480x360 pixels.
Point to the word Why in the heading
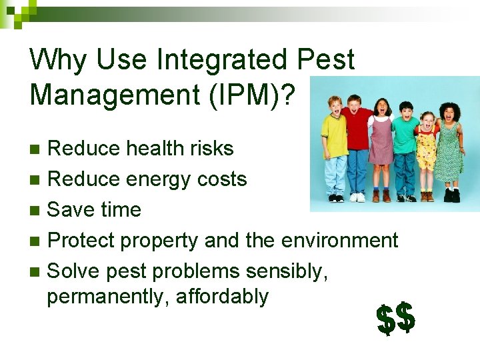tap(59, 60)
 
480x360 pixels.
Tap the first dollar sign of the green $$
tap(385, 319)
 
